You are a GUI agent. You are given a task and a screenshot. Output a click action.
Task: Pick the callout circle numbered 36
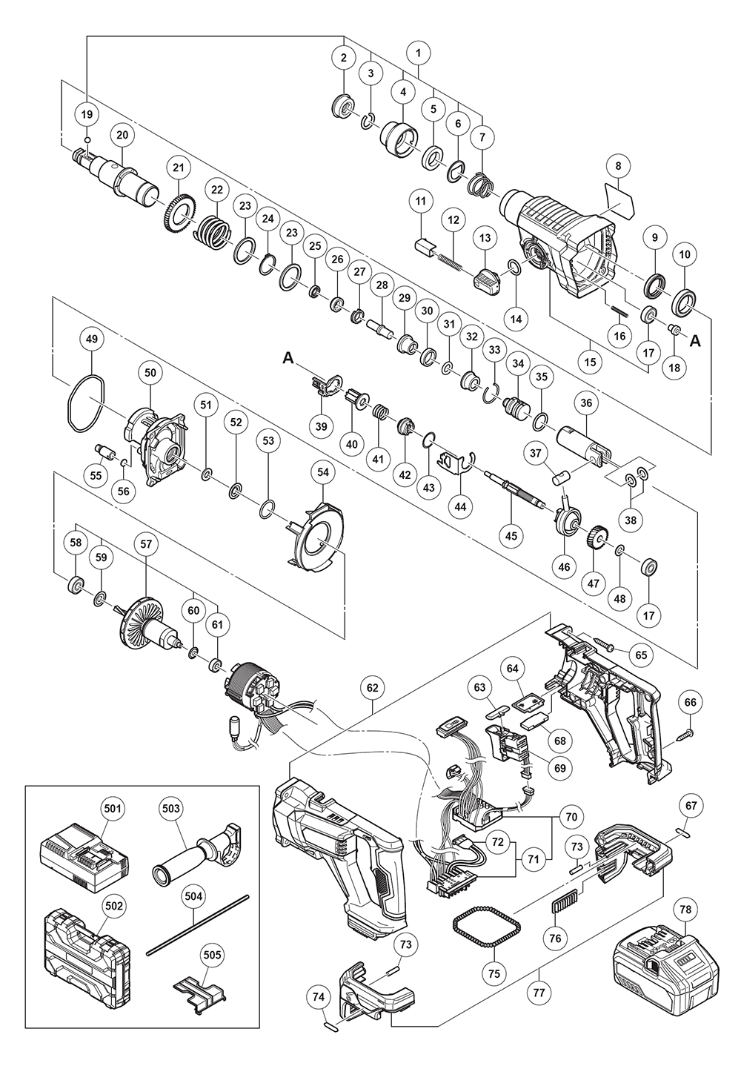(587, 403)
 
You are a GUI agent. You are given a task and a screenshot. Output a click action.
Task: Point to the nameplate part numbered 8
(620, 200)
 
